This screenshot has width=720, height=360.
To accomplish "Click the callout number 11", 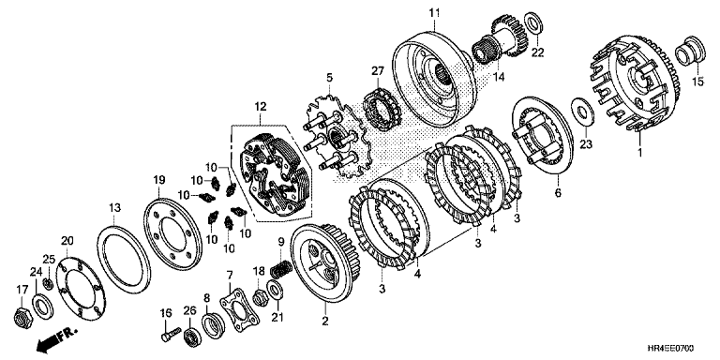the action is [x=434, y=12].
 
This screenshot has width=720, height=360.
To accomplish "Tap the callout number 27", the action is [x=377, y=71].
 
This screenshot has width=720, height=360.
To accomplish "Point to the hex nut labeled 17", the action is [x=22, y=318].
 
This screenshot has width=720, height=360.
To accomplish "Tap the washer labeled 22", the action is [x=533, y=22].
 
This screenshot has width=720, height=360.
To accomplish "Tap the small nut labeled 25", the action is [x=48, y=284].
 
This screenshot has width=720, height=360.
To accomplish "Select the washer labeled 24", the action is [x=42, y=307].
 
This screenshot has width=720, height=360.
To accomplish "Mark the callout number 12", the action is [x=261, y=107].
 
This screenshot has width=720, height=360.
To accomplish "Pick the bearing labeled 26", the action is [x=192, y=337].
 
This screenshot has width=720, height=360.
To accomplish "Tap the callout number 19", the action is [x=158, y=180].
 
